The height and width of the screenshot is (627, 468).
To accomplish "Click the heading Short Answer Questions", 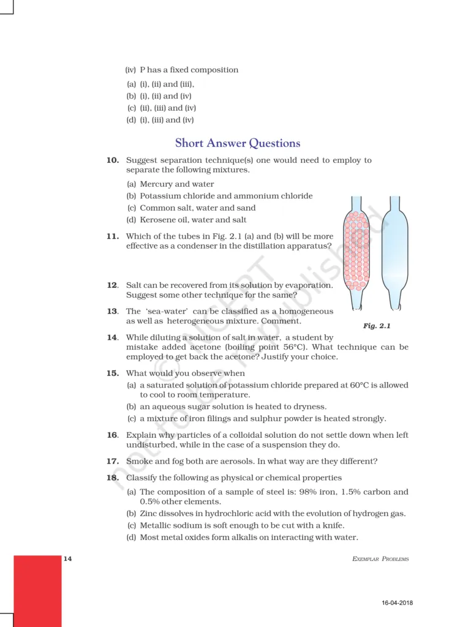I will click(238, 143).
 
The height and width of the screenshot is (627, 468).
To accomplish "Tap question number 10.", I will click(112, 160).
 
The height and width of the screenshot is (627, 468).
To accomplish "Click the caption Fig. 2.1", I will click(377, 326).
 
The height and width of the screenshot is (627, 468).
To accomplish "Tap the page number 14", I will click(67, 559).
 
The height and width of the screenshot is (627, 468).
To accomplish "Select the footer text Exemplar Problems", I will click(380, 559).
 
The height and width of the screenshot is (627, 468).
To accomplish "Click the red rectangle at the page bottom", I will click(37, 590).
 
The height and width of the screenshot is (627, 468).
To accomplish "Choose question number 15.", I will click(112, 373).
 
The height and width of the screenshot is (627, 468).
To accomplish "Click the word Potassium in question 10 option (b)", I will click(159, 196).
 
